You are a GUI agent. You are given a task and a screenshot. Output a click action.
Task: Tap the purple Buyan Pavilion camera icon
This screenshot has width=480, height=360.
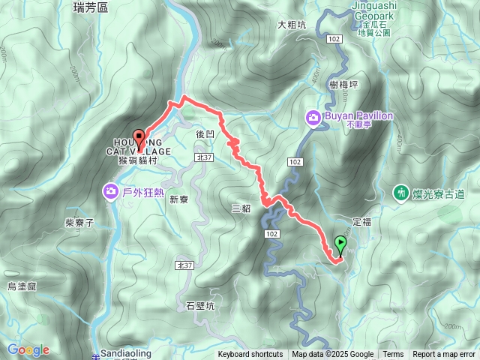(x=312, y=117)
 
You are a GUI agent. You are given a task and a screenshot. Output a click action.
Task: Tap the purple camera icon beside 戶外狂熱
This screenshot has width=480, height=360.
(x=111, y=193)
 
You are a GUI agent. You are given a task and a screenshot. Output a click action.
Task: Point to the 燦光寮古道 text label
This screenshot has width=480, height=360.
(x=438, y=194)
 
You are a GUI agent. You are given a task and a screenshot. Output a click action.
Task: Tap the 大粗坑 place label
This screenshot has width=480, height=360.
(x=292, y=25)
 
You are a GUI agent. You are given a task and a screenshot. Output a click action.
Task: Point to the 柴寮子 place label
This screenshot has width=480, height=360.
(x=79, y=223)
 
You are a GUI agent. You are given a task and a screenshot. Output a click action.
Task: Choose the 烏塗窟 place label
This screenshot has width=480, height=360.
(x=22, y=286)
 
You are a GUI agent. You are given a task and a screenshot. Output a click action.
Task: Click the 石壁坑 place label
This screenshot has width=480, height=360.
(x=199, y=306)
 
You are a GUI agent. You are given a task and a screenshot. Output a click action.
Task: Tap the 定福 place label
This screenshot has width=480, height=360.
(x=361, y=222)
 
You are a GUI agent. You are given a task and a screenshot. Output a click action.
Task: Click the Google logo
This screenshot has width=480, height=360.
(x=28, y=349)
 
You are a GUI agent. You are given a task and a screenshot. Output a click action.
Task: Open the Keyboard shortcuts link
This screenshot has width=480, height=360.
(x=250, y=355)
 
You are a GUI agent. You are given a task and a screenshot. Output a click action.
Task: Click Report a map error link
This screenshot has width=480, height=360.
(x=443, y=355)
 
